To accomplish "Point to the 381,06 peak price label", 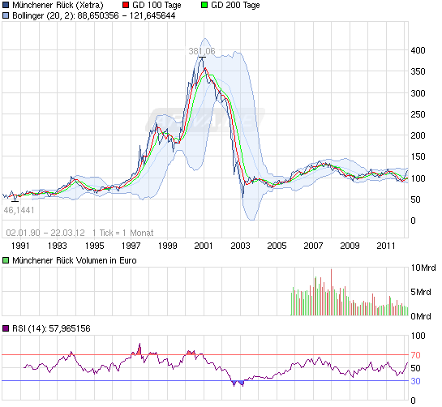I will click(x=201, y=51).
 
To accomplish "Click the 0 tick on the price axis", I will click(x=414, y=221).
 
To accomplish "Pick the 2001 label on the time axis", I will click(x=204, y=245).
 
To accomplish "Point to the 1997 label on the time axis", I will click(x=131, y=245).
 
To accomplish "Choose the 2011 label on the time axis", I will click(x=386, y=245).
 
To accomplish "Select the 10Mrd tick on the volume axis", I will click(x=423, y=268).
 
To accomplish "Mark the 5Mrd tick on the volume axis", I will click(x=422, y=292).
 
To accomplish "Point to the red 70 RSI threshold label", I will click(x=416, y=355).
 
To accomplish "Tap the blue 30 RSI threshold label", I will click(x=416, y=380).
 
